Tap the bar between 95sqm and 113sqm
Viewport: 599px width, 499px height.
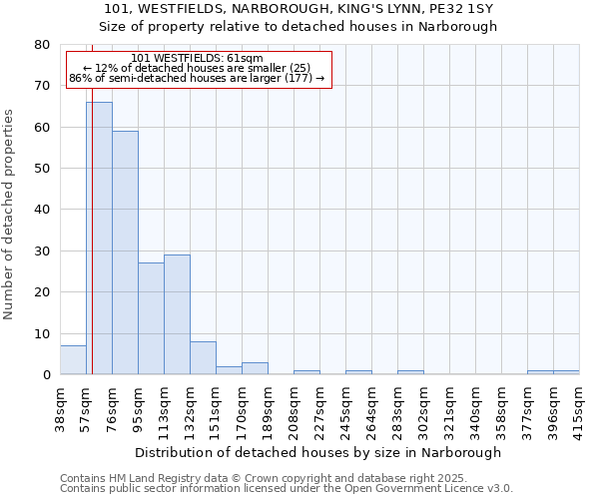[151, 318]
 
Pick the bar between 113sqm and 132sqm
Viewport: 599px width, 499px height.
[177, 314]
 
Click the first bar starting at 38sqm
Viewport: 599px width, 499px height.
[73, 360]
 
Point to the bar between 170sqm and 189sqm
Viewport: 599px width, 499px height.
[255, 368]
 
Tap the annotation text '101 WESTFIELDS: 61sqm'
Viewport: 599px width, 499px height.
[197, 59]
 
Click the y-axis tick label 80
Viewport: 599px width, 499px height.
[43, 45]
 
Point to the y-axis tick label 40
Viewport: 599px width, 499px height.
[43, 210]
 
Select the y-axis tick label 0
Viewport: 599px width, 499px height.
[47, 375]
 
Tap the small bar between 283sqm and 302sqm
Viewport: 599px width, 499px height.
[410, 372]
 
